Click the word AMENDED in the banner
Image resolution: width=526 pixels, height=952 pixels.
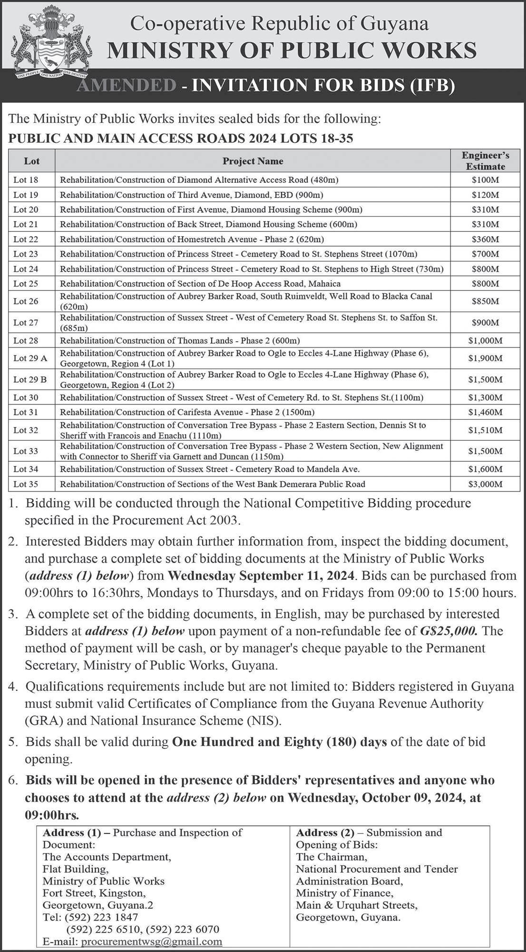(126, 85)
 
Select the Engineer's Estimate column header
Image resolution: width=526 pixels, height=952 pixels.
(485, 161)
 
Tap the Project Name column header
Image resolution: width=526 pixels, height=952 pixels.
(253, 161)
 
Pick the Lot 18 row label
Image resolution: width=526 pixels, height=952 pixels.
(26, 180)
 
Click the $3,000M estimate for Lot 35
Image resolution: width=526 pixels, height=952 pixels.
(485, 484)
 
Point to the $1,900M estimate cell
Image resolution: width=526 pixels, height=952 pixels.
(485, 358)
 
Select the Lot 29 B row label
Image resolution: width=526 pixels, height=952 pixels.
(30, 380)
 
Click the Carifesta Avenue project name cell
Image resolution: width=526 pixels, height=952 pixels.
(187, 412)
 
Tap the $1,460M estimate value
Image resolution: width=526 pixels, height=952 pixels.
(485, 412)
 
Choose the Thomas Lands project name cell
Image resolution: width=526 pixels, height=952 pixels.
(180, 340)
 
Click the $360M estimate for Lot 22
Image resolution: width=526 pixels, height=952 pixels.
(485, 239)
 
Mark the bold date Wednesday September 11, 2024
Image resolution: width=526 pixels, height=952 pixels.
(261, 575)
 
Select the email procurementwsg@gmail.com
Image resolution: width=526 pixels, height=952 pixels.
(152, 942)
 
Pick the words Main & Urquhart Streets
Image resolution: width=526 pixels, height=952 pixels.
(356, 905)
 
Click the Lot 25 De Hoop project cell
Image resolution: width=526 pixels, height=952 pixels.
(200, 284)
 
